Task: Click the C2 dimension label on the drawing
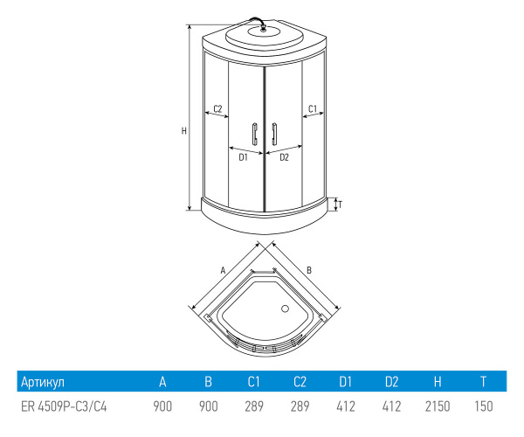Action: point(217,108)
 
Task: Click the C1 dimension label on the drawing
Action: point(313,108)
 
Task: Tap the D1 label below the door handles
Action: point(243,157)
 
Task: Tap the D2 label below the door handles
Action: point(284,157)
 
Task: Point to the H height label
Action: point(183,131)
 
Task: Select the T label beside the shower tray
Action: point(341,205)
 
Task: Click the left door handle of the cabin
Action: point(255,134)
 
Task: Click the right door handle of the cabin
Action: point(274,134)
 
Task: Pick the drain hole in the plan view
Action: point(285,309)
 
